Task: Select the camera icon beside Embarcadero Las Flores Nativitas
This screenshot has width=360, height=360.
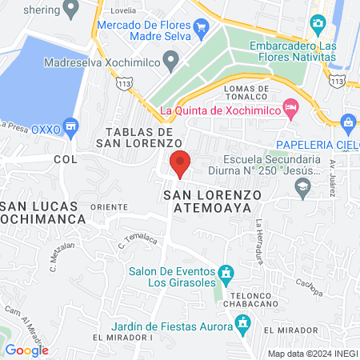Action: click(318, 25)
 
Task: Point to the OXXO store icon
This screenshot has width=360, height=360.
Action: click(71, 126)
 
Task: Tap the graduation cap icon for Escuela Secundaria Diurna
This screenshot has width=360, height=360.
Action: click(302, 189)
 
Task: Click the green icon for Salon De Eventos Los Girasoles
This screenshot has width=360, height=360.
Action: click(227, 273)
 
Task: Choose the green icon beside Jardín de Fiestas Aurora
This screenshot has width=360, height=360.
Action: click(242, 324)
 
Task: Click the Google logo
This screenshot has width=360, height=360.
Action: click(26, 350)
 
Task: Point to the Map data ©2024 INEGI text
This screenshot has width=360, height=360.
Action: click(311, 353)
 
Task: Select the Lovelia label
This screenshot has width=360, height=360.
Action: click(130, 10)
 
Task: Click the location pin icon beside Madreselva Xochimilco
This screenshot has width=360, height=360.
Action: click(170, 58)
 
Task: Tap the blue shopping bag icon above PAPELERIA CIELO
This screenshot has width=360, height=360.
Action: click(348, 122)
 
